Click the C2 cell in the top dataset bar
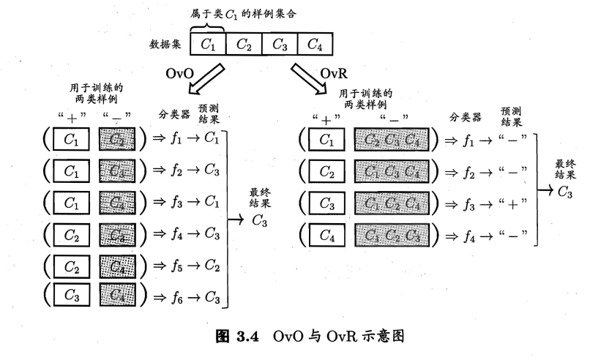click(244, 45)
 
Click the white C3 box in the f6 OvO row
click(72, 296)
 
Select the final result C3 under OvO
click(261, 219)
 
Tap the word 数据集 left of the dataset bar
click(165, 45)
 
